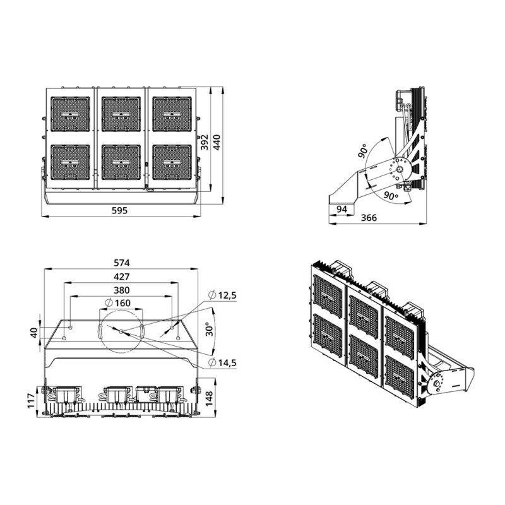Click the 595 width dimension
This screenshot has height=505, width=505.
(120, 211)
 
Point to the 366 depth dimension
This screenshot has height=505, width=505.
(369, 218)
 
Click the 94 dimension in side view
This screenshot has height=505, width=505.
(342, 209)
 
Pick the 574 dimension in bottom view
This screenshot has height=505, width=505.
(121, 263)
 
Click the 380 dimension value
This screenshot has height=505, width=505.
(121, 290)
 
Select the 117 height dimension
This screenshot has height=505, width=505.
(30, 401)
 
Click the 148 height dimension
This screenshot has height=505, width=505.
(210, 397)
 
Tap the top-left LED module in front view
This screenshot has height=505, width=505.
(70, 114)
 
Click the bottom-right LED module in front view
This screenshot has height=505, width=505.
(172, 162)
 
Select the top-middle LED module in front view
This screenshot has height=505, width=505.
(121, 114)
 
